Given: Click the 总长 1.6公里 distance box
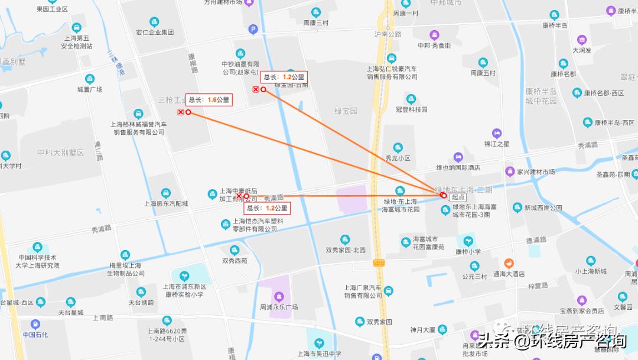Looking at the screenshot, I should coord(209,100).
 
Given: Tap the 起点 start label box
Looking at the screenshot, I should coord(458,196).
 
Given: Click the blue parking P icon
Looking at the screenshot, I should coord(253,28).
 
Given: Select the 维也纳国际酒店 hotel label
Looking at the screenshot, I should coord(458,168).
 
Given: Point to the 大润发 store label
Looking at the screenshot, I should coord(582,50).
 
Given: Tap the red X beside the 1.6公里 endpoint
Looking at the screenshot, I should coord(181,112).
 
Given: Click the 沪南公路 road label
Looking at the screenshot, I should coord(388,34).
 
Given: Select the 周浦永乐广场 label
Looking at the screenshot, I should coord(279,307).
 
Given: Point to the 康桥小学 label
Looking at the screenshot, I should coord(468,251).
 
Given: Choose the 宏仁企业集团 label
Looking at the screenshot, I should coord(155,32).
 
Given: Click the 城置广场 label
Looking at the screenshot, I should coord(90,89).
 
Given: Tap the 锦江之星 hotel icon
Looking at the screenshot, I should coord(497,133).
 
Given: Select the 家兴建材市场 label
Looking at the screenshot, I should coord(536,172).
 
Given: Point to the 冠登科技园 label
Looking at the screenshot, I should coord(411,109).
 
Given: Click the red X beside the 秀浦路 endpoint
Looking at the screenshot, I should coord(239,196).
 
